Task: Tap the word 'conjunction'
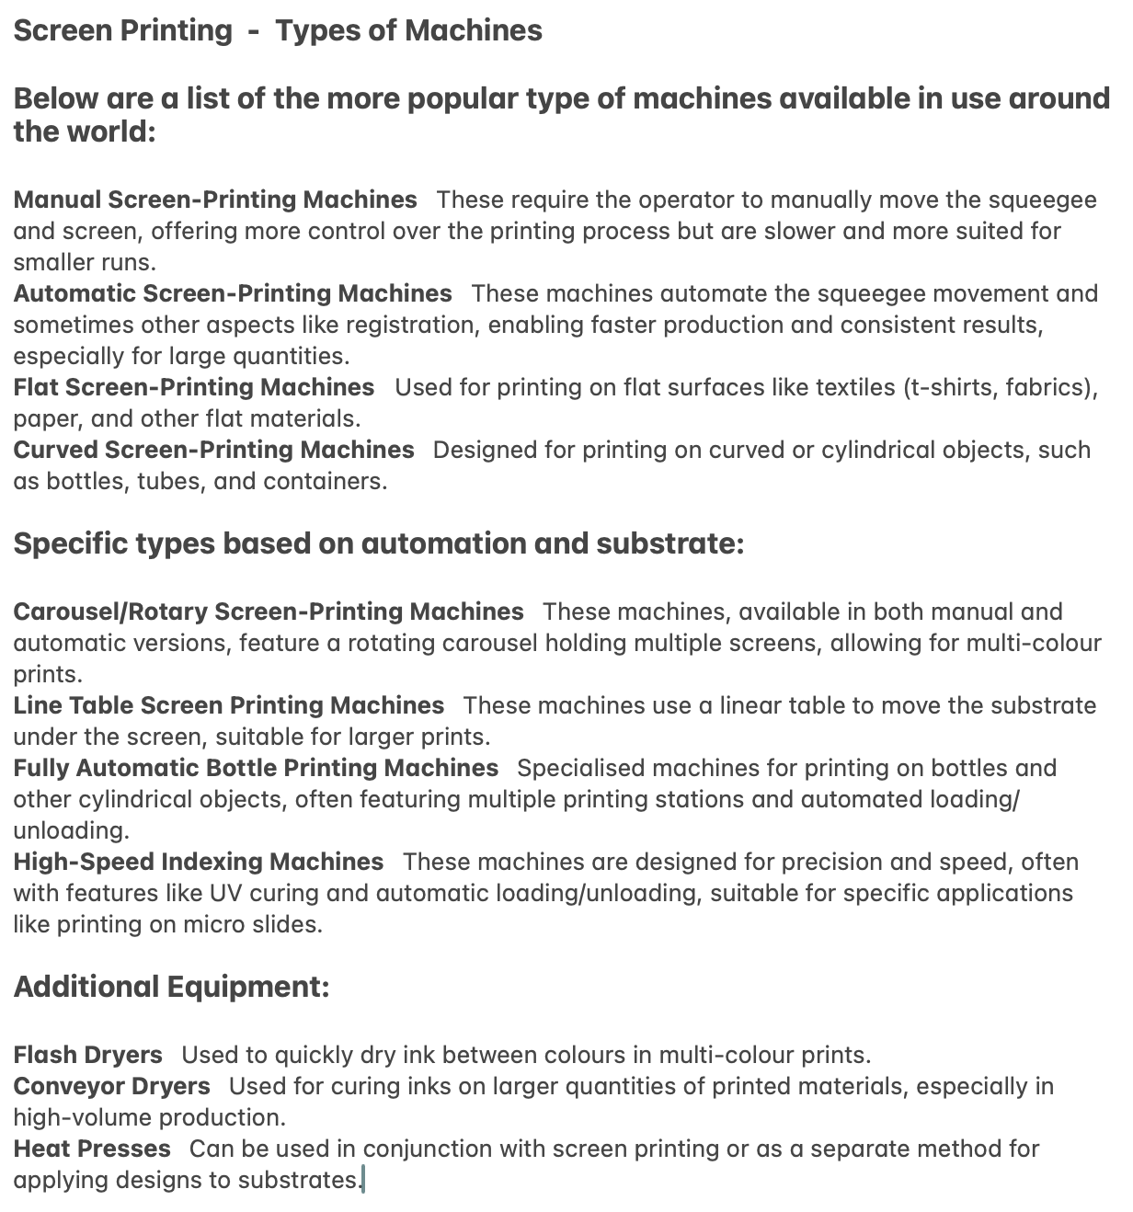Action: coord(431,1149)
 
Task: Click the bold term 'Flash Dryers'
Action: coord(88,1056)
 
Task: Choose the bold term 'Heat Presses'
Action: coord(92,1149)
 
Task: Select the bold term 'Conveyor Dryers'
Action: coord(112,1087)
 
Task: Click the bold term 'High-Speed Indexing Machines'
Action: coord(199,863)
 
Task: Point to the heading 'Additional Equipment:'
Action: coord(172,988)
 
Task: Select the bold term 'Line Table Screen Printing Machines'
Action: coord(229,706)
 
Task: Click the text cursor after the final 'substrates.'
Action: coord(363,1180)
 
